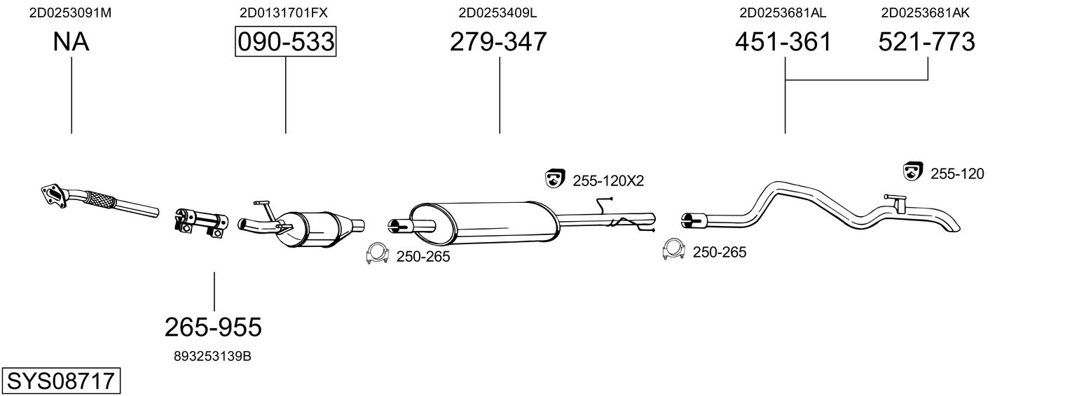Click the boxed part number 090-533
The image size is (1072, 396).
pyautogui.click(x=285, y=42)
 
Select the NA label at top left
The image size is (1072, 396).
pyautogui.click(x=71, y=42)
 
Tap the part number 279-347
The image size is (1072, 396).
pyautogui.click(x=498, y=42)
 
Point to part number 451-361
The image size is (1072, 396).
pyautogui.click(x=783, y=42)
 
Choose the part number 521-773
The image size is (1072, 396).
pyautogui.click(x=927, y=42)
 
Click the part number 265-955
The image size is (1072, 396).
pyautogui.click(x=213, y=326)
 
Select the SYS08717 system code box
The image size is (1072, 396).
pyautogui.click(x=60, y=381)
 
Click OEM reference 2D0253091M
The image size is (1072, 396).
pyautogui.click(x=70, y=13)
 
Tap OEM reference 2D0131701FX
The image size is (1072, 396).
pyautogui.click(x=284, y=13)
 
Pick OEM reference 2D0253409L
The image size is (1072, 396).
pyautogui.click(x=497, y=13)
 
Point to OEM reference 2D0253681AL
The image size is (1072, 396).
pyautogui.click(x=783, y=13)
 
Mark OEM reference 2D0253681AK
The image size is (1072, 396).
pyautogui.click(x=926, y=13)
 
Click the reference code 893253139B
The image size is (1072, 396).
pyautogui.click(x=212, y=356)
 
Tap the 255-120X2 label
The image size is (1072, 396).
pyautogui.click(x=608, y=181)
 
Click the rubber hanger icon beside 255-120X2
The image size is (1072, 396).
pyautogui.click(x=555, y=178)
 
